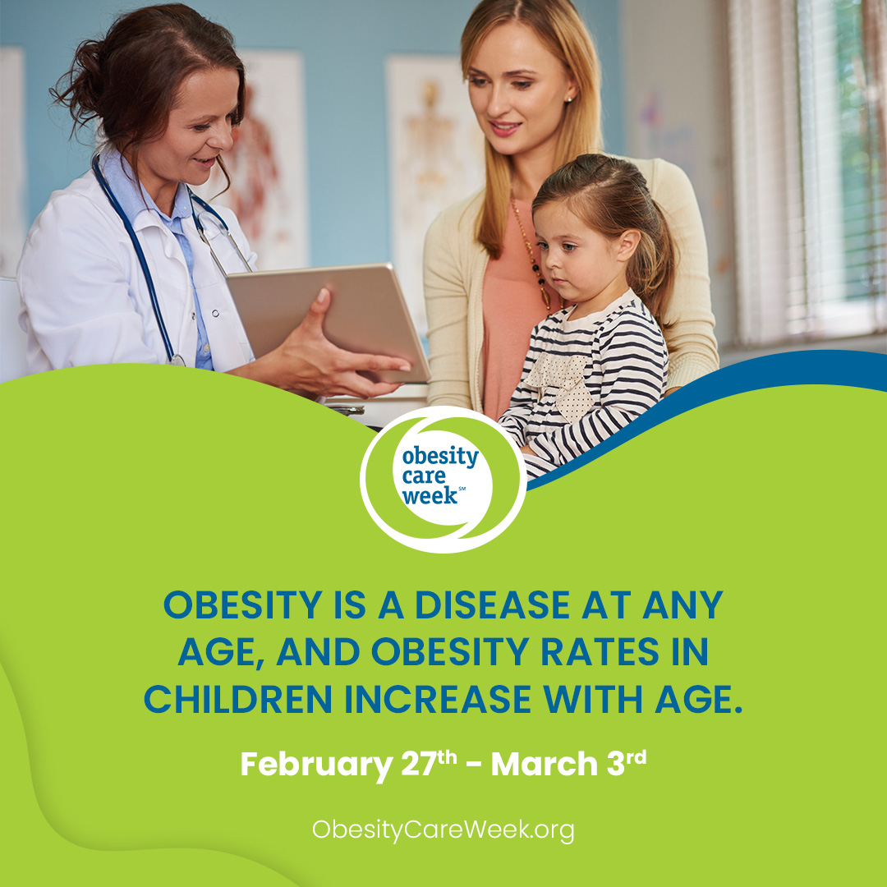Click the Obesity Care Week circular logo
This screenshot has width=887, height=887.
point(443,479)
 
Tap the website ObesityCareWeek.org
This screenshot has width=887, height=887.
point(443,830)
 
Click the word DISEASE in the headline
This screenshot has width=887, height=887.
point(492,604)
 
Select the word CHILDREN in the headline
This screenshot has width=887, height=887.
point(237,699)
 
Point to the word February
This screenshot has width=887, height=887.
point(316,765)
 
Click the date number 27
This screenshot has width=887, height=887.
point(419,764)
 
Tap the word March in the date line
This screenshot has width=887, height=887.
point(545,764)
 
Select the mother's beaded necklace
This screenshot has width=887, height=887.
point(531,255)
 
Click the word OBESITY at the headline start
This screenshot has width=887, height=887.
point(242,604)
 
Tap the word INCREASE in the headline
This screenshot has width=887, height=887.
point(438,699)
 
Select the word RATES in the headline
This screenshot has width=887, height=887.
point(600,651)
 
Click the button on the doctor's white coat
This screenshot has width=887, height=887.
point(215,313)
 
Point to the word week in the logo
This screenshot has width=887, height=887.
point(430,495)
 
